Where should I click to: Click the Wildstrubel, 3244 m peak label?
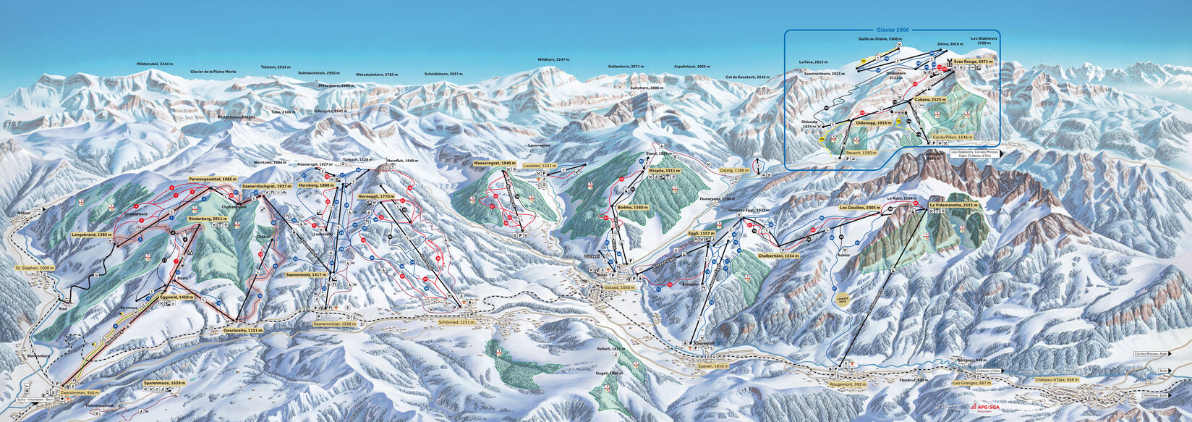[x=156, y=64]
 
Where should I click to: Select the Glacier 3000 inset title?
[x=893, y=30]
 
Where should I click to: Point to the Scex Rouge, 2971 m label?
[x=971, y=62]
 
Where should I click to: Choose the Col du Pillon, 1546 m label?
[x=953, y=137]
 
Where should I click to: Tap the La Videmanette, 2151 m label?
[x=954, y=206]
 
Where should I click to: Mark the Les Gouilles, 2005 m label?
[x=860, y=208]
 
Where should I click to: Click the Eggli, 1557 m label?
[x=702, y=234]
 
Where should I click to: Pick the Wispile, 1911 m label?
[x=665, y=171]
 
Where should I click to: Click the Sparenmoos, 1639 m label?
[x=163, y=383]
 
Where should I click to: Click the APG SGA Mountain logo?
[x=984, y=408]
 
